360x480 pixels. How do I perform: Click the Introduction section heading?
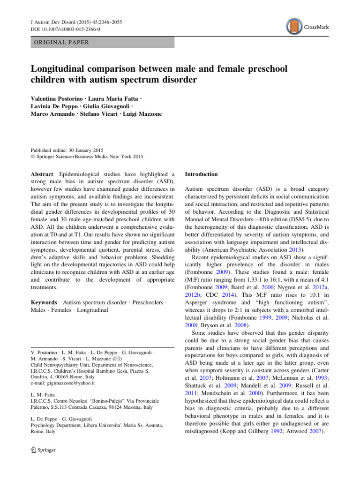tap(202, 174)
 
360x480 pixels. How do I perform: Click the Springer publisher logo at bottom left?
tap(43, 450)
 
